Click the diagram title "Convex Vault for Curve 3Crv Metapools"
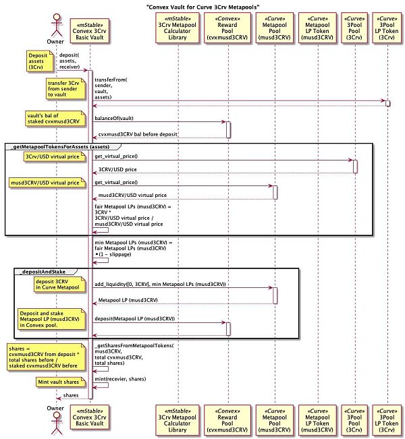202,6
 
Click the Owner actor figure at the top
55,26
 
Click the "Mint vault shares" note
61,382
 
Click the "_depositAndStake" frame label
45,270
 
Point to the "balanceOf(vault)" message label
118,118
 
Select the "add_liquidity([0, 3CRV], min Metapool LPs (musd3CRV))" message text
160,285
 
